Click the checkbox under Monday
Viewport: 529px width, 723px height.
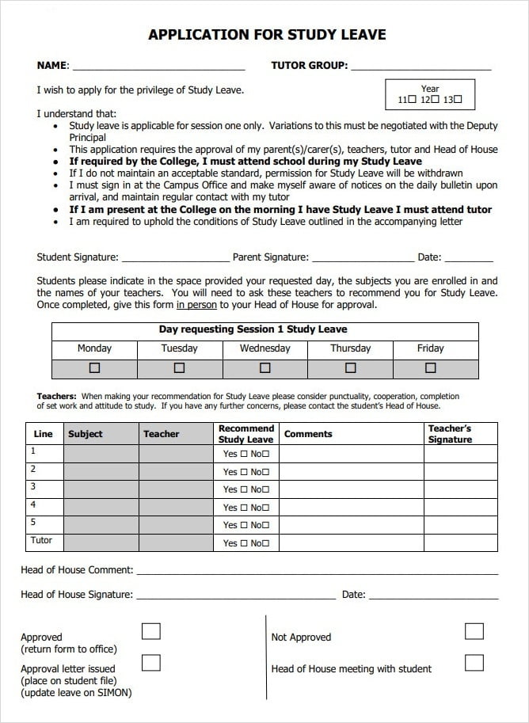pos(95,368)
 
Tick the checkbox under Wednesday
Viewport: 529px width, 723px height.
pos(265,368)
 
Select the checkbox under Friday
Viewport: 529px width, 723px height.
pos(431,368)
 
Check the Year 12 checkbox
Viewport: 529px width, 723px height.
pos(435,101)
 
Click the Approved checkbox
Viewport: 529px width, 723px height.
pos(150,631)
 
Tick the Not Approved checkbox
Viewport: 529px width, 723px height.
pos(474,631)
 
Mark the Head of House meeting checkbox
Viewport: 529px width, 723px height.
pos(474,663)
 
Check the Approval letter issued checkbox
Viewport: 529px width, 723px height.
pos(150,663)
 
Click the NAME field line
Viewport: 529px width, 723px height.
pos(158,67)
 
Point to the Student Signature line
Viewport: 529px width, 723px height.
pos(175,259)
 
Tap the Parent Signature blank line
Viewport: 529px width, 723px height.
pos(362,259)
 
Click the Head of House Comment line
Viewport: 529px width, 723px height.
pos(317,572)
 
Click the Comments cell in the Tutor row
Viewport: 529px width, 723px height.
pos(351,542)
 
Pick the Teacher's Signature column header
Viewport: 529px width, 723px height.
pos(450,434)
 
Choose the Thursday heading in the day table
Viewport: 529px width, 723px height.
pos(350,348)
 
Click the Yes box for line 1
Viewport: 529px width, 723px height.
pos(244,455)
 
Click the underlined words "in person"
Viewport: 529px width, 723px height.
pos(196,305)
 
